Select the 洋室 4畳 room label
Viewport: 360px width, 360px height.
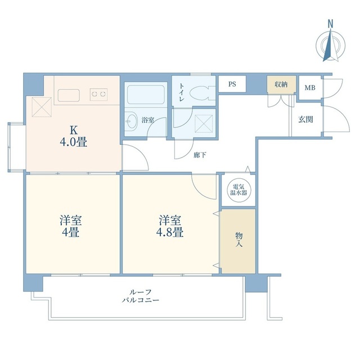[70, 225]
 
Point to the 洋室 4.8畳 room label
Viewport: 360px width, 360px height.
[170, 225]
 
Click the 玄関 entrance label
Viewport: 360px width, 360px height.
[305, 119]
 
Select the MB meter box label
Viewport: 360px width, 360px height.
[309, 88]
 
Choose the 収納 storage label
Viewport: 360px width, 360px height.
[281, 84]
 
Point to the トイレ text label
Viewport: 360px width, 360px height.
[182, 92]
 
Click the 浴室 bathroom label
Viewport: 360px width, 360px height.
[148, 120]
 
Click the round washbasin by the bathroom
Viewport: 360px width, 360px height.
[131, 120]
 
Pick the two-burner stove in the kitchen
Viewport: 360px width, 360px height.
[100, 93]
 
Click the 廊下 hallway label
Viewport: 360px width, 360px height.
[199, 155]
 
